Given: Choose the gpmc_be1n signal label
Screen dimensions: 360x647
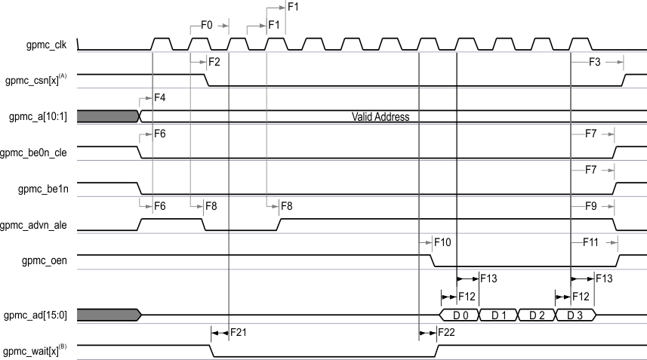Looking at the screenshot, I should [x=45, y=189].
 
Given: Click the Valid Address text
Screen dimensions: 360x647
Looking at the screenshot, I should [x=380, y=117].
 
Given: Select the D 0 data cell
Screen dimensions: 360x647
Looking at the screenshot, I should [x=459, y=315].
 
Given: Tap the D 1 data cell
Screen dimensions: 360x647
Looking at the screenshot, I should [x=498, y=315].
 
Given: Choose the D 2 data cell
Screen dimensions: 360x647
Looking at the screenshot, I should [x=536, y=315].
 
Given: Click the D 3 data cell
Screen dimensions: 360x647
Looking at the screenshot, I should [x=575, y=315].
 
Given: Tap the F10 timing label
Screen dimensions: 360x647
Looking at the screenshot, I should [x=442, y=242].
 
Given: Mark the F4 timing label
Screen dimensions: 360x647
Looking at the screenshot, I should [x=160, y=98].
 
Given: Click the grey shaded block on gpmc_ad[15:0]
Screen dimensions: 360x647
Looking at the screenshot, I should [x=108, y=315].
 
